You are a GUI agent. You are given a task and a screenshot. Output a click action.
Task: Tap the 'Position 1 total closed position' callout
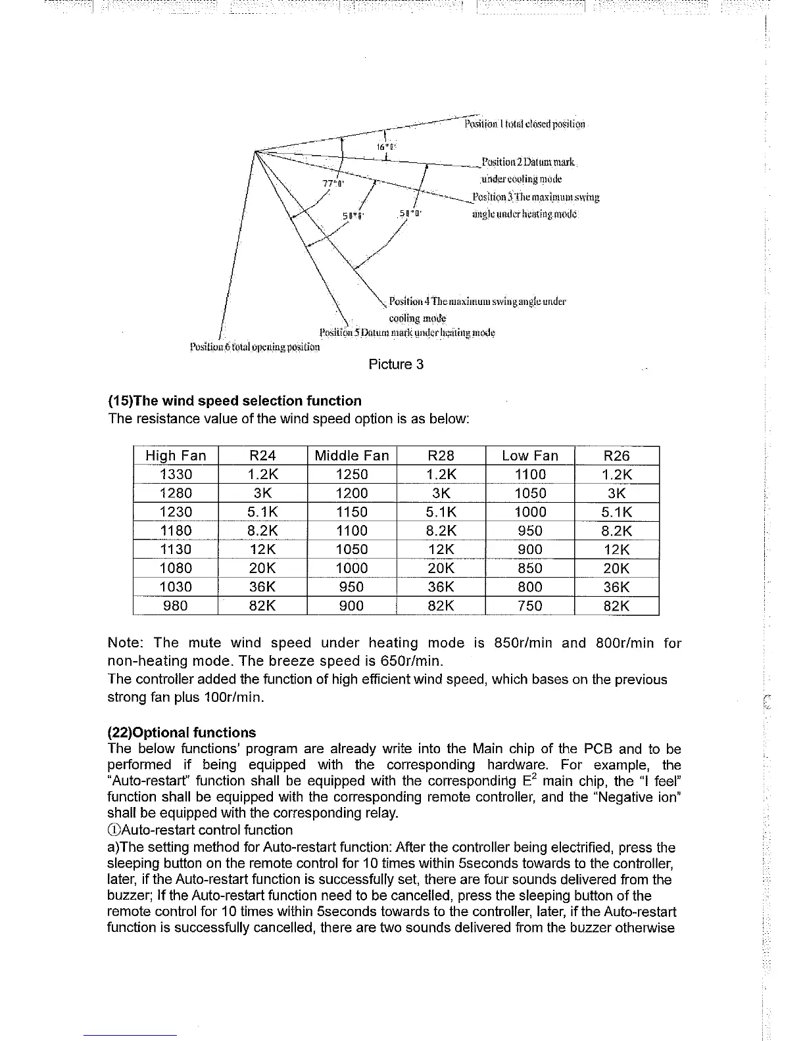click(x=524, y=124)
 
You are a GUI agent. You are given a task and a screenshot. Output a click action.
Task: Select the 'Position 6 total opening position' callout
click(x=255, y=347)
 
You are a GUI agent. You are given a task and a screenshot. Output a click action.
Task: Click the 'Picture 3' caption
click(x=396, y=364)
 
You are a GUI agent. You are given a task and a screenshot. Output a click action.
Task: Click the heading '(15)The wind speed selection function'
click(x=235, y=401)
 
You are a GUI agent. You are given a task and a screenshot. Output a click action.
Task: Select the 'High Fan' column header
click(x=176, y=455)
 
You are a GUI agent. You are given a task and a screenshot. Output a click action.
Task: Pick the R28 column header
click(x=441, y=455)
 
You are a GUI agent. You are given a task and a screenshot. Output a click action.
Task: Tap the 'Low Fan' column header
click(x=529, y=455)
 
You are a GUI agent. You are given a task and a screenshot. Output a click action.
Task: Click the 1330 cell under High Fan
click(x=176, y=474)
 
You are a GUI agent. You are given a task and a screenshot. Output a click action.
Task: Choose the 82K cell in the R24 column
click(x=262, y=606)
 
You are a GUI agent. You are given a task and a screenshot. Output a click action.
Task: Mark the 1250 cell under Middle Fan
click(x=352, y=474)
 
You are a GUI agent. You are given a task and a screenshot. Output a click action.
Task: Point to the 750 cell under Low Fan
click(x=529, y=606)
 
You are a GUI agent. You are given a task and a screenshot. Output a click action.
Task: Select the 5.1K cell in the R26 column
click(x=616, y=512)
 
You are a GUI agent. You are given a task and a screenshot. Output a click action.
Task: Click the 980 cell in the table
click(x=176, y=606)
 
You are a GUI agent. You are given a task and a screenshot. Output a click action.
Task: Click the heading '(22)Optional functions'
click(x=182, y=733)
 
